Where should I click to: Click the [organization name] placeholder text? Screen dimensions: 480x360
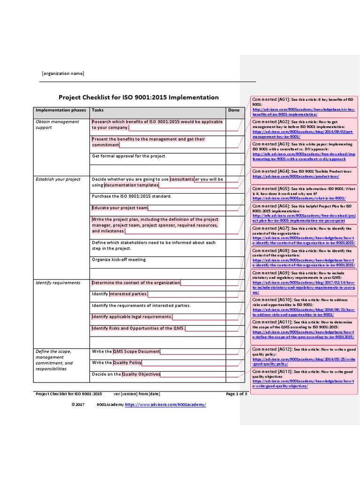click(63, 74)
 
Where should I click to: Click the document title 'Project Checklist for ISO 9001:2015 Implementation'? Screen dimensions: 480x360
click(138, 97)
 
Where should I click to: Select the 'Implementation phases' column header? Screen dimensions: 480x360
click(61, 110)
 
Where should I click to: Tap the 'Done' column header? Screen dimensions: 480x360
click(233, 110)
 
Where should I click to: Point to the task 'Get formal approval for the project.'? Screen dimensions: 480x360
click(129, 156)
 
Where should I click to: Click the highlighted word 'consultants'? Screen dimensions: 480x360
click(182, 179)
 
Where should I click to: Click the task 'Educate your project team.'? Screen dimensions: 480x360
click(120, 208)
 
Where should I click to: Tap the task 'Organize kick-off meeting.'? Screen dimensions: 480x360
click(119, 259)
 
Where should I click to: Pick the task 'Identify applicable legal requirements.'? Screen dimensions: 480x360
click(132, 317)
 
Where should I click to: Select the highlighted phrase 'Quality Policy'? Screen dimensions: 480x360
click(127, 363)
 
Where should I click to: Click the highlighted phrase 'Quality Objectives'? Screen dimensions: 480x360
click(141, 374)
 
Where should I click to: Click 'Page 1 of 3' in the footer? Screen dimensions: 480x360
click(236, 394)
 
